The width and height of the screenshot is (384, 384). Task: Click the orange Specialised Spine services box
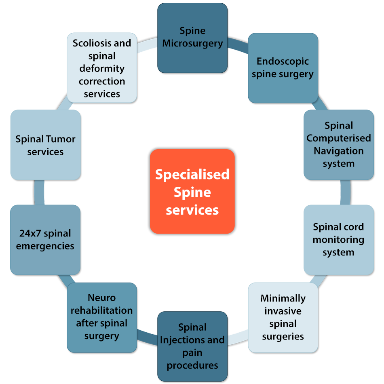192,192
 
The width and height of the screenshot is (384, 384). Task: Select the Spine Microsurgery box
192,38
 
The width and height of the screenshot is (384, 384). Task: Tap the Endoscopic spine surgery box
283,68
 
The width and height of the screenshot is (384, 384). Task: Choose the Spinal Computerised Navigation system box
338,145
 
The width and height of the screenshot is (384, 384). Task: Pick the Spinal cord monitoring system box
338,239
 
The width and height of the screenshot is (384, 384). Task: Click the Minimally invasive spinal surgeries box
283,317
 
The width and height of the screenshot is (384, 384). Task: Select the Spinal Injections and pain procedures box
192,346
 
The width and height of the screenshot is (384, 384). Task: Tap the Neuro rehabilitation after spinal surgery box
101,317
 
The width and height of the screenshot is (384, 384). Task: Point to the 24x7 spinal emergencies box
45,240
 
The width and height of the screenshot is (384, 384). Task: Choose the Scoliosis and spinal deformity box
101,68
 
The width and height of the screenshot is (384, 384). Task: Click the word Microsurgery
192,44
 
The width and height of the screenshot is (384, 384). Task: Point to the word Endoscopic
283,61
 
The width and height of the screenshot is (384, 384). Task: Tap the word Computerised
338,138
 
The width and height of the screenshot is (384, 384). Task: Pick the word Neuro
101,298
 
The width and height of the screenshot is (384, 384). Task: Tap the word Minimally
283,298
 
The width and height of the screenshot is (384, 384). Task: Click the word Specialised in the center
192,175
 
